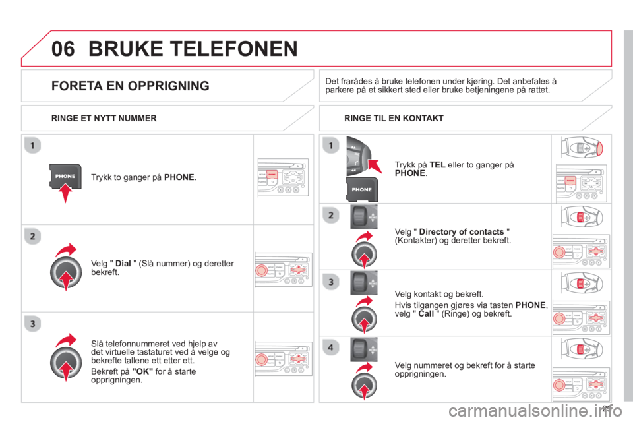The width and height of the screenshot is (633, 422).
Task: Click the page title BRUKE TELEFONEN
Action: (192, 48)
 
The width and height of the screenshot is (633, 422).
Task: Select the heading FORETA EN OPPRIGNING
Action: (131, 86)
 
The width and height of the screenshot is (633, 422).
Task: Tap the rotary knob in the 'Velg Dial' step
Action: (66, 272)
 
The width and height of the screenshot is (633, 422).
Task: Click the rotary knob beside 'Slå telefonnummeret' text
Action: (66, 360)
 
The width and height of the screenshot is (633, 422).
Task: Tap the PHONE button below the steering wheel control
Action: (362, 190)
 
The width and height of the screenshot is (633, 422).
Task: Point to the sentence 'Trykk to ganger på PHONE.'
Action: (143, 177)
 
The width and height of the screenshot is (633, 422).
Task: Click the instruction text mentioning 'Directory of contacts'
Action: (454, 236)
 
